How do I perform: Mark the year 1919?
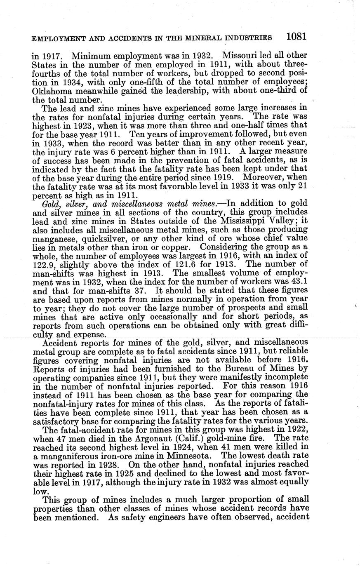pyautogui.click(x=225, y=177)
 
